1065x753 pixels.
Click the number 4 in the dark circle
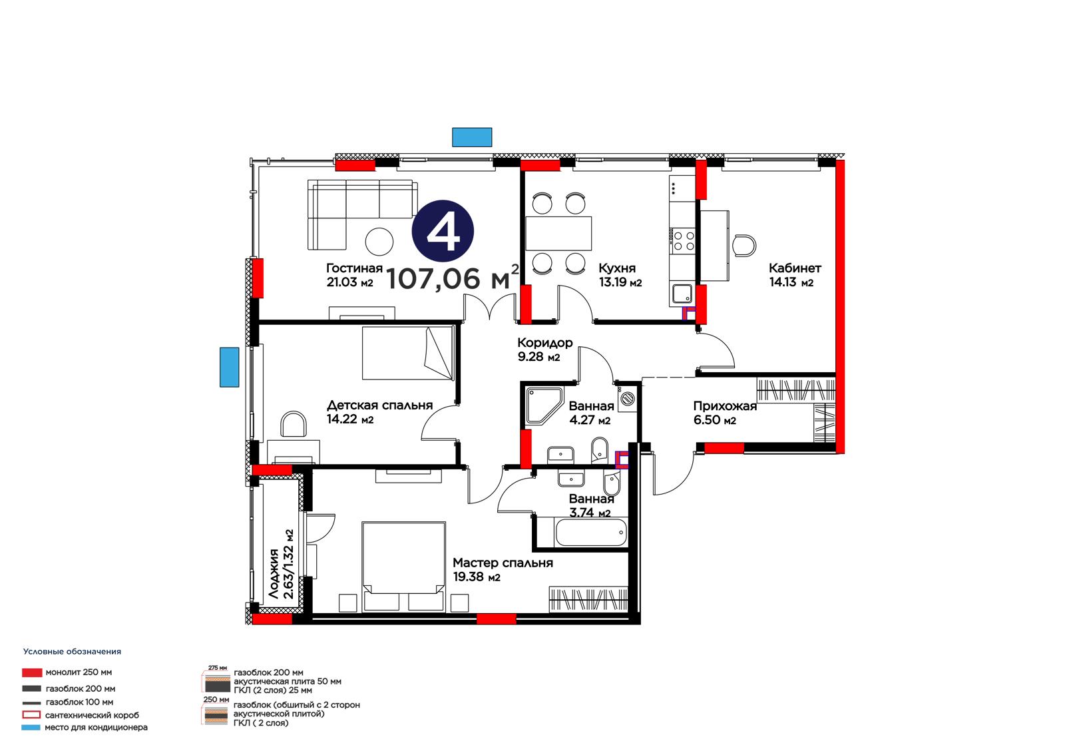click(x=443, y=232)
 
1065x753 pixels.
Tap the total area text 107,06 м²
click(x=452, y=278)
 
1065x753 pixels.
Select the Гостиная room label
click(x=354, y=268)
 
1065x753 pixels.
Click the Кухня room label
click(x=616, y=268)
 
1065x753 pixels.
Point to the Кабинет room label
click(x=795, y=268)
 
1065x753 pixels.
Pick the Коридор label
click(x=545, y=342)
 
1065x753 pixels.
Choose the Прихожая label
click(x=725, y=405)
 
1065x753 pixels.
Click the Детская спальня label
click(x=379, y=405)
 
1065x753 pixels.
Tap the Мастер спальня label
click(x=503, y=563)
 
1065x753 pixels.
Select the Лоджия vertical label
click(x=274, y=573)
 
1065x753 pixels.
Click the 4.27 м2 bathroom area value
click(x=590, y=420)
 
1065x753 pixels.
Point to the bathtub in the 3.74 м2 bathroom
click(x=590, y=533)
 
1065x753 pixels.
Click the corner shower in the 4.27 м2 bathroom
click(x=543, y=405)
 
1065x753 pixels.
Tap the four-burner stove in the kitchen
click(x=683, y=240)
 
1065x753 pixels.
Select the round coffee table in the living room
click(x=379, y=242)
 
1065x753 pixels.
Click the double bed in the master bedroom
click(x=403, y=567)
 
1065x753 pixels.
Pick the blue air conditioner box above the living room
click(x=472, y=137)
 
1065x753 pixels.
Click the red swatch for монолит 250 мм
click(x=32, y=672)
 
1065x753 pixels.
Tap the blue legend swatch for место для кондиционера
click(x=31, y=727)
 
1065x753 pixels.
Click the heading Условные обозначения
click(x=73, y=652)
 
